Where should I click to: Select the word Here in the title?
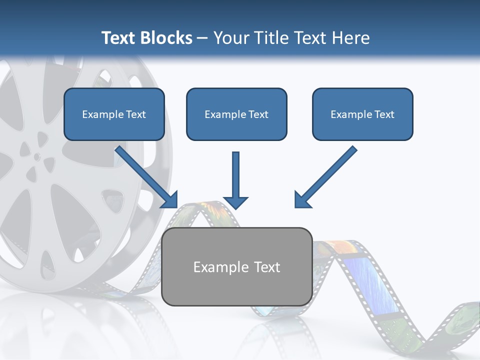click(351, 38)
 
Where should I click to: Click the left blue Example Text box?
click(114, 114)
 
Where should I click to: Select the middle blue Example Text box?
click(236, 114)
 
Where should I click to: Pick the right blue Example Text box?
click(362, 114)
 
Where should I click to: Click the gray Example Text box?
click(236, 267)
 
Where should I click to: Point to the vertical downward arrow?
click(235, 177)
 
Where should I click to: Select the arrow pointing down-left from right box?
click(325, 177)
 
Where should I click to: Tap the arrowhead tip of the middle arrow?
click(235, 207)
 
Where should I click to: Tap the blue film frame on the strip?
click(372, 282)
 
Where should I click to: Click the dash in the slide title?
click(202, 38)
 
